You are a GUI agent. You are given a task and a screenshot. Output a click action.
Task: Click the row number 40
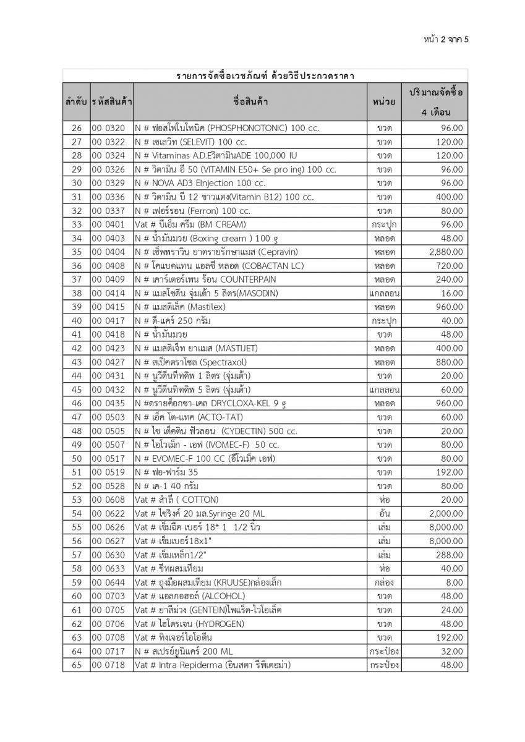pos(77,321)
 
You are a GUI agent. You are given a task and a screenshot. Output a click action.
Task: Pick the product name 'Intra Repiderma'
pos(213,665)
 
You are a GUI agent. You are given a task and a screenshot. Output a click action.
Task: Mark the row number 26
pos(77,128)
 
